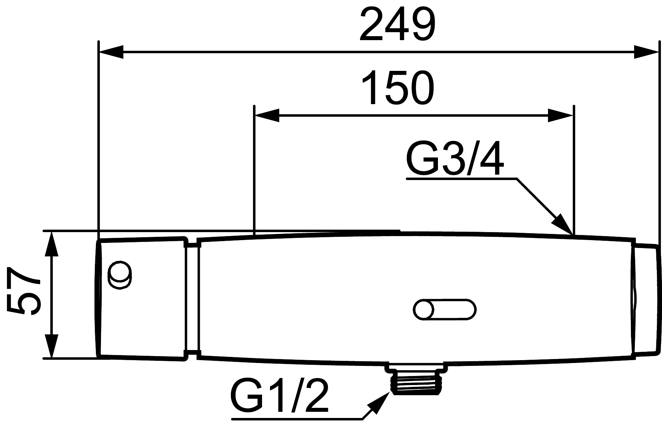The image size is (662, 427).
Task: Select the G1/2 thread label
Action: point(280,396)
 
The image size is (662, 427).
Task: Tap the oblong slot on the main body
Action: point(444,309)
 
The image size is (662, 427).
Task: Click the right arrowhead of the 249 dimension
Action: point(645,52)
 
